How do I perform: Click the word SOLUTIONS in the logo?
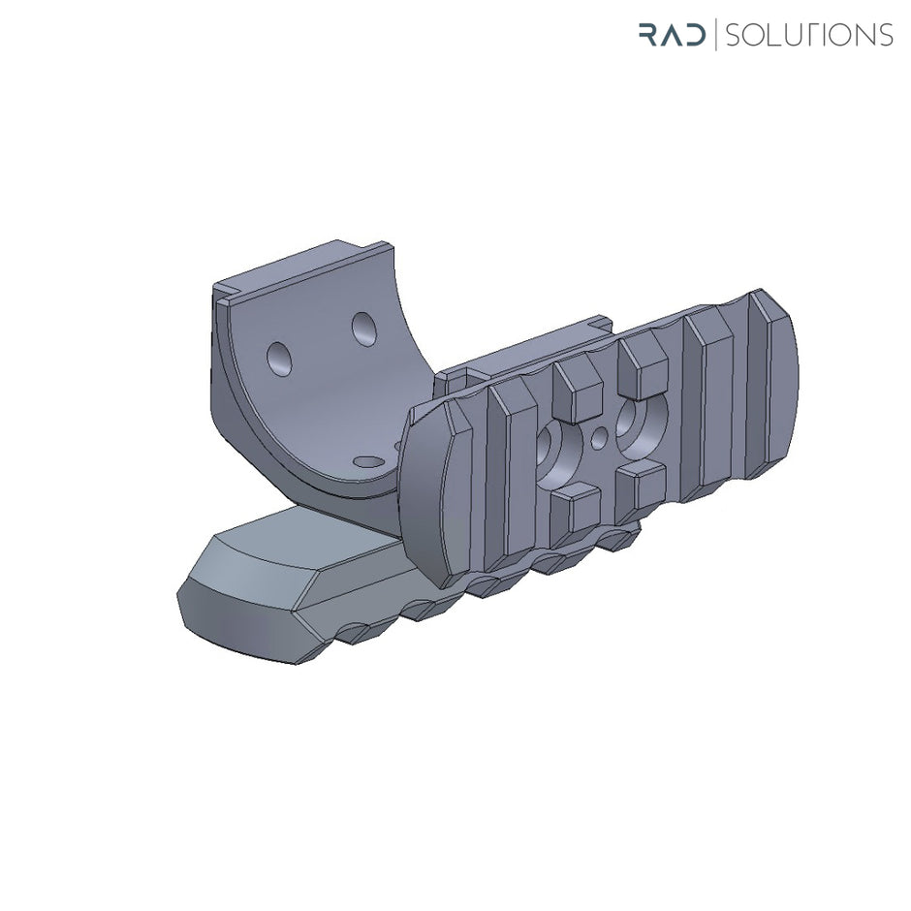[x=808, y=36]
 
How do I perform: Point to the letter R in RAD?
[x=648, y=36]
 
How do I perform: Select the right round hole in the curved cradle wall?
[x=365, y=330]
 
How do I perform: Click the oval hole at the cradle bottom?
[x=367, y=462]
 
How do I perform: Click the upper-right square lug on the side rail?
[x=644, y=359]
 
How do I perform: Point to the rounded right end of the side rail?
[x=781, y=388]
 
